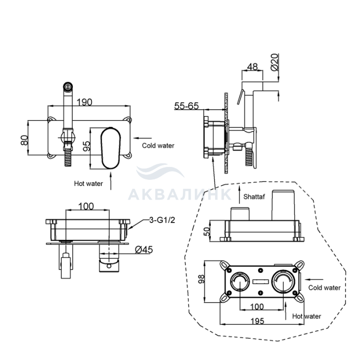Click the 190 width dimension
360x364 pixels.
84,102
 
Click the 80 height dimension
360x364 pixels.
24,140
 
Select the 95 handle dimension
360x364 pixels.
87,146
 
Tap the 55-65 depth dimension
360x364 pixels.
186,106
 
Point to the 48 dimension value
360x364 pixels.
252,67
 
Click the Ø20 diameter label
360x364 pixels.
274,62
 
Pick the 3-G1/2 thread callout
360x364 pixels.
162,220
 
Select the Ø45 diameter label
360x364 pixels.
144,250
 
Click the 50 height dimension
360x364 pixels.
207,231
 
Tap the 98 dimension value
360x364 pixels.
201,279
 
